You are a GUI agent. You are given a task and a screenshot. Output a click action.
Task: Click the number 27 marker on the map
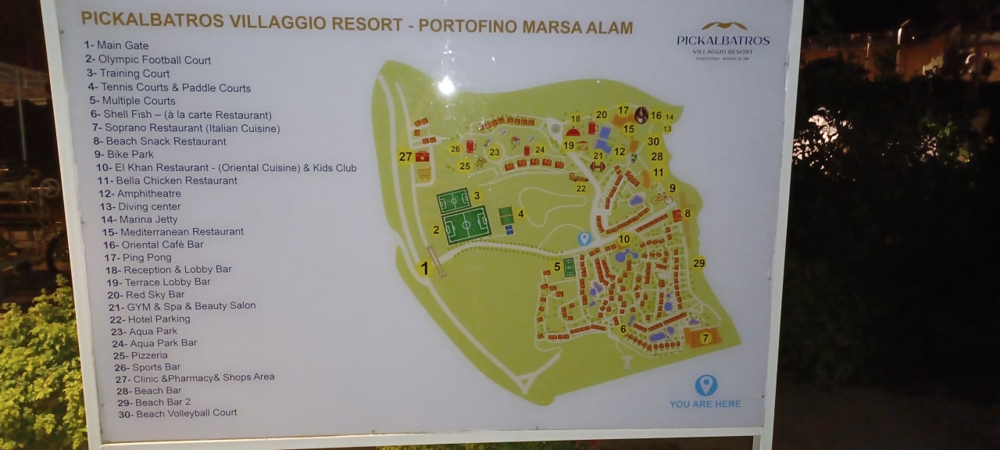click(405, 156)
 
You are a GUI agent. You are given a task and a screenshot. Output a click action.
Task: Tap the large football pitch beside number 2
click(466, 225)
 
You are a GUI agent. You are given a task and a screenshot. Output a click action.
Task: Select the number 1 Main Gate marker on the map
click(424, 268)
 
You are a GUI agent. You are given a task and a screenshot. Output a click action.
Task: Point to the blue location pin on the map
click(584, 238)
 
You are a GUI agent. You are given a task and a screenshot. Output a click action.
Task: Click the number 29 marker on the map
click(698, 263)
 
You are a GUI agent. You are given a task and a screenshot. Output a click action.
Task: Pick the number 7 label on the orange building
click(705, 338)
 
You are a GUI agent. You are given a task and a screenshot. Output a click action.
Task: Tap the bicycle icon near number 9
click(662, 198)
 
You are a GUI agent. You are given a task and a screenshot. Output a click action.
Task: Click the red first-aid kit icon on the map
click(423, 157)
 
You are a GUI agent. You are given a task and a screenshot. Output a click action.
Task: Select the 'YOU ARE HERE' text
click(705, 404)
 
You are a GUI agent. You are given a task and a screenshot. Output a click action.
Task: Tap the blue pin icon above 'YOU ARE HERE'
click(705, 384)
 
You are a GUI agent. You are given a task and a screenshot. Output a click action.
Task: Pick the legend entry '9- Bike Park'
click(130, 155)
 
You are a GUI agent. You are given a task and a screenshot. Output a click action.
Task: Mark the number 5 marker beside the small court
click(557, 266)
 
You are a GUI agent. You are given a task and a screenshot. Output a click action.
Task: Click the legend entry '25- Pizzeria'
click(140, 355)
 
